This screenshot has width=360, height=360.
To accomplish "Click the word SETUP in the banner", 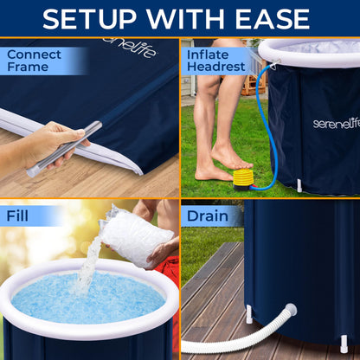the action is (x=89, y=19).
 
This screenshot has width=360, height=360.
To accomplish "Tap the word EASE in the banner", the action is (x=272, y=19).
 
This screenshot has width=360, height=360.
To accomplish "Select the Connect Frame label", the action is (x=34, y=61).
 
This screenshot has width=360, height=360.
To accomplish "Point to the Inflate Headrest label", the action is (x=215, y=61).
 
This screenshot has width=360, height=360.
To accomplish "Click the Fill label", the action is (x=17, y=215).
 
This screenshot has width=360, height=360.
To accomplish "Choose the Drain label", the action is (x=208, y=216).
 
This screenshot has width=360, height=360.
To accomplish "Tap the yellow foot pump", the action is (x=243, y=179).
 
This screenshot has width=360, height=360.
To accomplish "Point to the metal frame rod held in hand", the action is (x=65, y=149).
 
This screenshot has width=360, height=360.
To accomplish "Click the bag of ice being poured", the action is (x=136, y=235).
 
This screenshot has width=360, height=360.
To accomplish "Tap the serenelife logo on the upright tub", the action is (x=337, y=124).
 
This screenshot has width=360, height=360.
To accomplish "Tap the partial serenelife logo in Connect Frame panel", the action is (x=132, y=48).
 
